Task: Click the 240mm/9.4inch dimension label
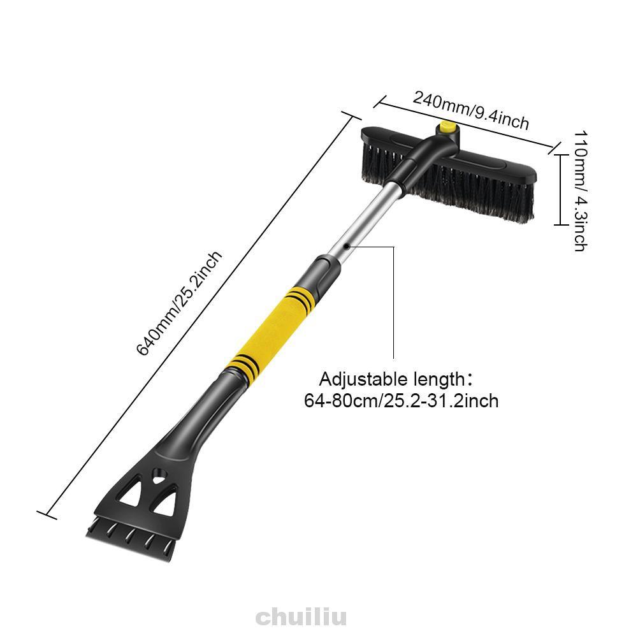pyautogui.click(x=471, y=110)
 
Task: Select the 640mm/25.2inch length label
pyautogui.click(x=179, y=303)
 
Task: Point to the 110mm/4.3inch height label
pyautogui.click(x=581, y=191)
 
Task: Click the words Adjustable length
pyautogui.click(x=393, y=379)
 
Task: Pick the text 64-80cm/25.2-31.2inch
pyautogui.click(x=401, y=401)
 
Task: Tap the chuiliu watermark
pyautogui.click(x=301, y=617)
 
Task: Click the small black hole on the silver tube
pyautogui.click(x=346, y=246)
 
